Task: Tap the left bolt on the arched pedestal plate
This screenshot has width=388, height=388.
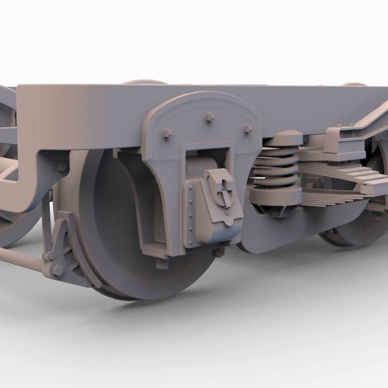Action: point(167,133)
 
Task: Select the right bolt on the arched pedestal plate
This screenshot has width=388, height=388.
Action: point(248,129)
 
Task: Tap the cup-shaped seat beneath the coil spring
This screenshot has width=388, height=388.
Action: point(276,196)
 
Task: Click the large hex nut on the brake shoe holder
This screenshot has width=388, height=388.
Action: point(57,270)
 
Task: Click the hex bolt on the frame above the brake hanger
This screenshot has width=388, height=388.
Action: point(62,166)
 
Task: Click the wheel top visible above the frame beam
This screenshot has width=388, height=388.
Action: point(144,82)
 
